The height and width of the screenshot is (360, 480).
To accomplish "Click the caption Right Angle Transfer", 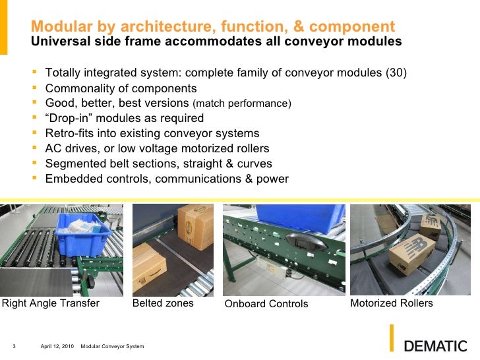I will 51,303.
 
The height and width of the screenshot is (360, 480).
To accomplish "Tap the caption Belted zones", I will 163,303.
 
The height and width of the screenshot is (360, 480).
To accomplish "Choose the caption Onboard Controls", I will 266,304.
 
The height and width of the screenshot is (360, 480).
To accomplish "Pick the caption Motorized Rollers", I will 391,303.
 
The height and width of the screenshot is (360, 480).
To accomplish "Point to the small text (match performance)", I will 241,104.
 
